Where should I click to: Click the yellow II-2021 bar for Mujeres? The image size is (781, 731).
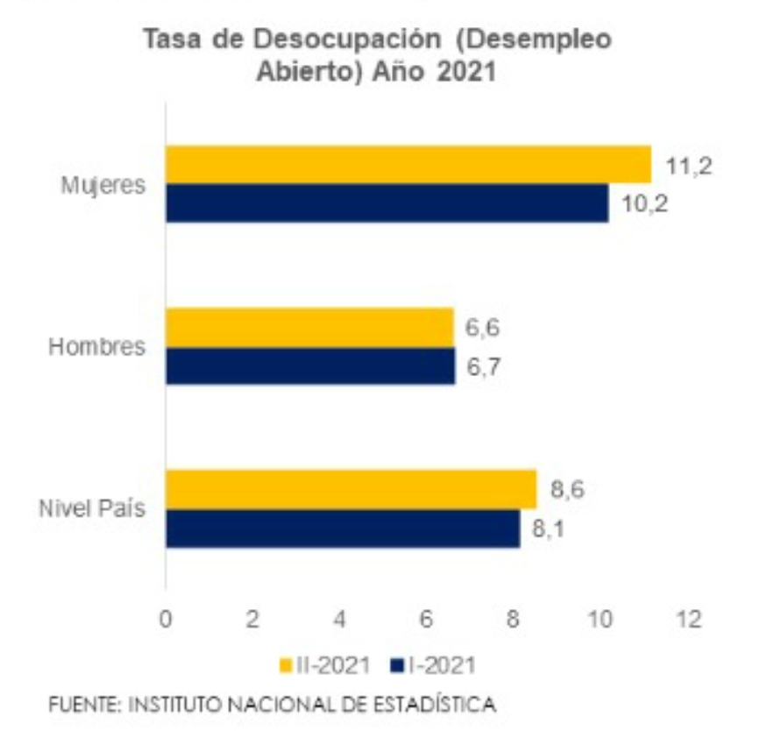pyautogui.click(x=408, y=165)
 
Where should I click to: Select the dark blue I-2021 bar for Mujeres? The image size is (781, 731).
pyautogui.click(x=387, y=203)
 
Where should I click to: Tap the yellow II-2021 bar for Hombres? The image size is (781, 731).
pyautogui.click(x=309, y=327)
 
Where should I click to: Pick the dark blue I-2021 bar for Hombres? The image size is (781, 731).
pyautogui.click(x=310, y=365)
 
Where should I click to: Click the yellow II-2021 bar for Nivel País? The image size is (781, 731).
pyautogui.click(x=351, y=489)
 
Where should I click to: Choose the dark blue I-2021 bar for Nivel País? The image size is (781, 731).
pyautogui.click(x=343, y=529)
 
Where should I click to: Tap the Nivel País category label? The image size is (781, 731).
pyautogui.click(x=91, y=509)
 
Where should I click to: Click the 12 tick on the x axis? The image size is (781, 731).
pyautogui.click(x=690, y=619)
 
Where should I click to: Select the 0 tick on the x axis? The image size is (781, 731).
pyautogui.click(x=166, y=619)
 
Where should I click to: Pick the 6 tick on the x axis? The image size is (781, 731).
pyautogui.click(x=427, y=619)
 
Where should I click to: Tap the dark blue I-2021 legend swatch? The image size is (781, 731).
pyautogui.click(x=394, y=666)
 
